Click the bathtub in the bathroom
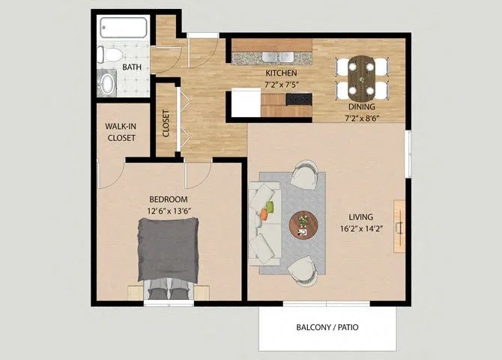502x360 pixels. click(124, 28)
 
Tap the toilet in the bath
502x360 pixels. click(109, 55)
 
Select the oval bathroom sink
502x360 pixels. click(108, 83)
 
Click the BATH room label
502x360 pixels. click(132, 67)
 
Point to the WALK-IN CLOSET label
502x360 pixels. click(121, 132)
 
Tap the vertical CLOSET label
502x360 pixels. click(166, 124)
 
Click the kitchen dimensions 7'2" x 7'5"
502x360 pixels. click(282, 85)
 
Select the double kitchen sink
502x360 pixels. click(277, 58)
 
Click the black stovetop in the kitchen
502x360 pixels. click(299, 100)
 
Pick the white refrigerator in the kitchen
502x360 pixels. click(246, 103)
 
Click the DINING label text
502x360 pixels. click(362, 106)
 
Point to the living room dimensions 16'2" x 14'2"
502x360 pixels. click(361, 229)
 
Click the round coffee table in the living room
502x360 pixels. click(303, 224)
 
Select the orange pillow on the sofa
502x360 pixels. click(264, 214)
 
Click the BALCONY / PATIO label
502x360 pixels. click(327, 327)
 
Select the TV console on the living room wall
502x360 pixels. click(399, 226)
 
